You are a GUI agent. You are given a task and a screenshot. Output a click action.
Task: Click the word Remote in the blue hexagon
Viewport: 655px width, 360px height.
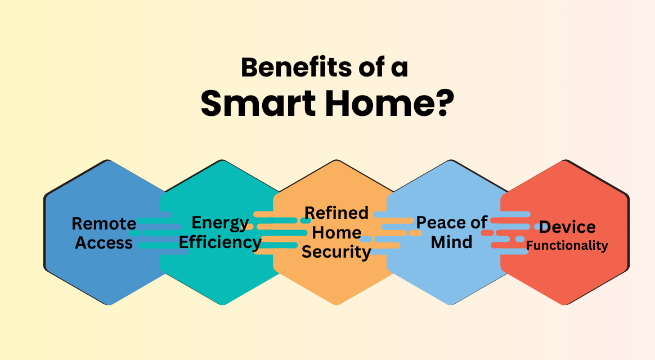click(104, 224)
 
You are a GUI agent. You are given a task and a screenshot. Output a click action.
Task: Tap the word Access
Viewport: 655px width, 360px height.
click(104, 243)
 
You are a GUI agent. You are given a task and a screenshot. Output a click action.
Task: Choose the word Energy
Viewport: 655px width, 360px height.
click(220, 223)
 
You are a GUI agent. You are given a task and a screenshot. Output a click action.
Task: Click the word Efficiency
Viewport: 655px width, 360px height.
click(220, 242)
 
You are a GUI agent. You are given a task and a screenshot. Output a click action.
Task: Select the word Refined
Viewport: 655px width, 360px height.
click(337, 213)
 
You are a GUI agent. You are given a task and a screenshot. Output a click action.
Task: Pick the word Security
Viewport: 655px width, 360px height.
click(337, 252)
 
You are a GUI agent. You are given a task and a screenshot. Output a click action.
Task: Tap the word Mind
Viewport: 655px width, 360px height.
click(452, 242)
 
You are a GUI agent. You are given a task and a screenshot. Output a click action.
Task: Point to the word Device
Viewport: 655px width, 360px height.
click(567, 227)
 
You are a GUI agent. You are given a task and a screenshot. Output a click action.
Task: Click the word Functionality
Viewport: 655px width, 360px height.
click(567, 246)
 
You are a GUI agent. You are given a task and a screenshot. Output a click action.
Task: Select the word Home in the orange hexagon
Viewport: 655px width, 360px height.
click(337, 232)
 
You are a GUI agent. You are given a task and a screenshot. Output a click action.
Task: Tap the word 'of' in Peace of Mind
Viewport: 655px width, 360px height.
click(479, 223)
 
